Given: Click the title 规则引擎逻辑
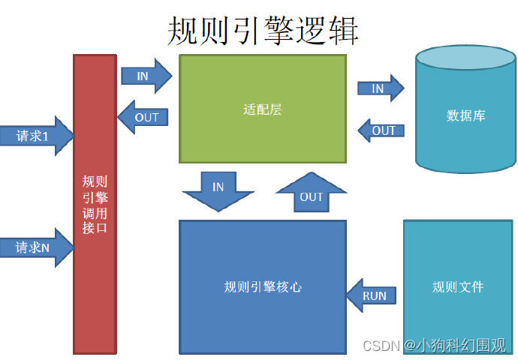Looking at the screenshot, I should (263, 31).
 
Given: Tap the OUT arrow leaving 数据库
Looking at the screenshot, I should (382, 130).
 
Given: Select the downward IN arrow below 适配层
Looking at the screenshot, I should (218, 190).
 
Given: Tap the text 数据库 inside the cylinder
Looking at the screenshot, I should (465, 116).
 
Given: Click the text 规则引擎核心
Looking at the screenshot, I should (263, 286).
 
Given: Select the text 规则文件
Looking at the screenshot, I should (458, 286).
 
